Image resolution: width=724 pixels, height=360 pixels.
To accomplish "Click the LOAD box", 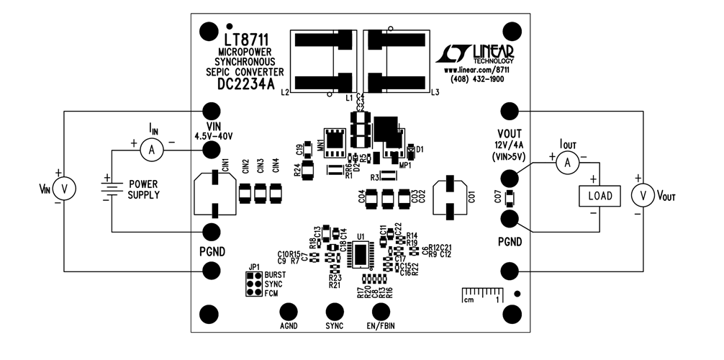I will (599, 196).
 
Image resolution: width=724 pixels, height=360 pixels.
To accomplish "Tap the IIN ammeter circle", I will (150, 149).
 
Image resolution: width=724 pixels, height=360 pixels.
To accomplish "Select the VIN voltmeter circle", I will (65, 189).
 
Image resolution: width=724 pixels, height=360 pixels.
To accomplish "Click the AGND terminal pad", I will (289, 311).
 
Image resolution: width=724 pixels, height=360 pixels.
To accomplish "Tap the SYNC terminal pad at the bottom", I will (335, 311).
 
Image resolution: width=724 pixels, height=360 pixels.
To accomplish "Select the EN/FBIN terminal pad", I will (381, 311).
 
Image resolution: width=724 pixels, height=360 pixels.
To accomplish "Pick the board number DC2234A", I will (246, 84).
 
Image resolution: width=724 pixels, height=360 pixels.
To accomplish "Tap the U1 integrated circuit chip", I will (359, 253).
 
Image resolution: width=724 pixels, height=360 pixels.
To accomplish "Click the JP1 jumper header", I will (253, 285).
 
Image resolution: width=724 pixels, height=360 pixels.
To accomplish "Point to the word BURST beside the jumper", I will (275, 276).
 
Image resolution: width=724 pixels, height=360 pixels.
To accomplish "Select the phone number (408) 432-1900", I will (477, 79).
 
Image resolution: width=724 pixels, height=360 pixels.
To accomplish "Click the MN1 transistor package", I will (333, 143).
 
